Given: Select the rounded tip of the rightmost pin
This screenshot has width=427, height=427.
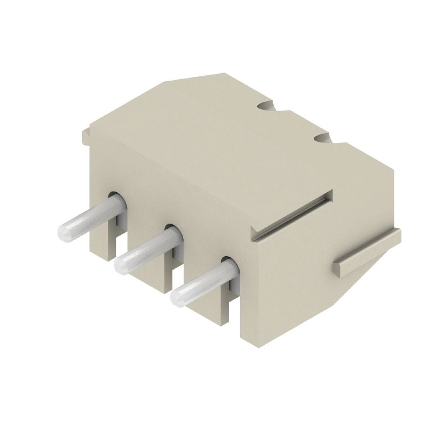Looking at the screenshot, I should (179, 297).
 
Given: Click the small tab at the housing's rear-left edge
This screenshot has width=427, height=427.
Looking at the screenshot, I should (85, 136).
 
